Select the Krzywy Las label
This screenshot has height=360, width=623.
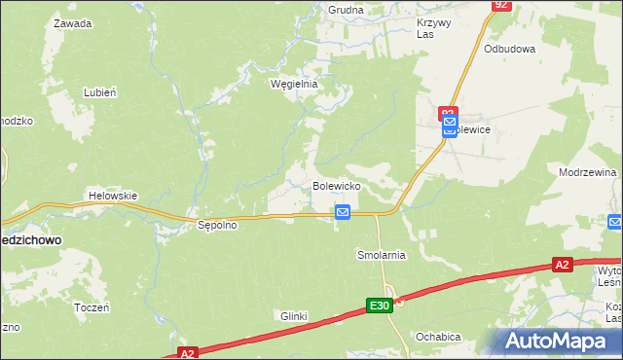click(433, 28)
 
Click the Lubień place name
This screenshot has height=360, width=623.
click(100, 92)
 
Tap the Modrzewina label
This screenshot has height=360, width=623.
click(588, 172)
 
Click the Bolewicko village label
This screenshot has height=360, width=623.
click(337, 185)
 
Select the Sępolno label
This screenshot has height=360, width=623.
click(218, 225)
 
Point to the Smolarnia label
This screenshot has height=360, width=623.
click(380, 255)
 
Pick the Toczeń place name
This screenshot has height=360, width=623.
click(92, 306)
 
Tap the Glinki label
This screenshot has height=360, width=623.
click(294, 316)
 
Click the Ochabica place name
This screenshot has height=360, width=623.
click(437, 337)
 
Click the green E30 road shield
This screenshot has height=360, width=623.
click(380, 306)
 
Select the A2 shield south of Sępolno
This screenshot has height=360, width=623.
click(188, 354)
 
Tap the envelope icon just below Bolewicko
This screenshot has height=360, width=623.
click(343, 212)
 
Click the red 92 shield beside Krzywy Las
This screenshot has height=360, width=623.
click(500, 5)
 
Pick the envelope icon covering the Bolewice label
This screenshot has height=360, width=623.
click(449, 127)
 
